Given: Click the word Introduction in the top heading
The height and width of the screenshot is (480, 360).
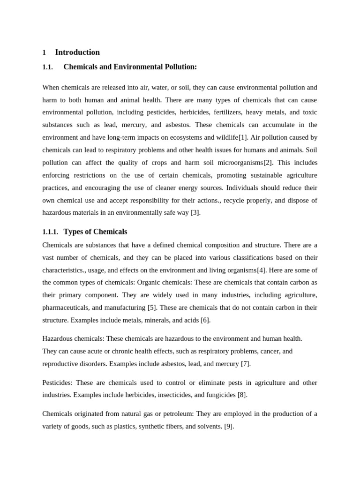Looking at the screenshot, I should point(77,52).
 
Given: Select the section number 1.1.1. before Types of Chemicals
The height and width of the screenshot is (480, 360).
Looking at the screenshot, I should point(50,232).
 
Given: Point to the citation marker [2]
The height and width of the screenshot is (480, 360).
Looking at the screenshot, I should point(268,163).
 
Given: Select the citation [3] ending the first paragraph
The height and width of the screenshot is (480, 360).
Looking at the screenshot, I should point(195,213).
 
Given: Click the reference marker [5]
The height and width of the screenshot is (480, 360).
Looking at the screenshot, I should point(152,307).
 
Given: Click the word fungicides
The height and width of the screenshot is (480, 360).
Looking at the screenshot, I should point(219,395).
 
